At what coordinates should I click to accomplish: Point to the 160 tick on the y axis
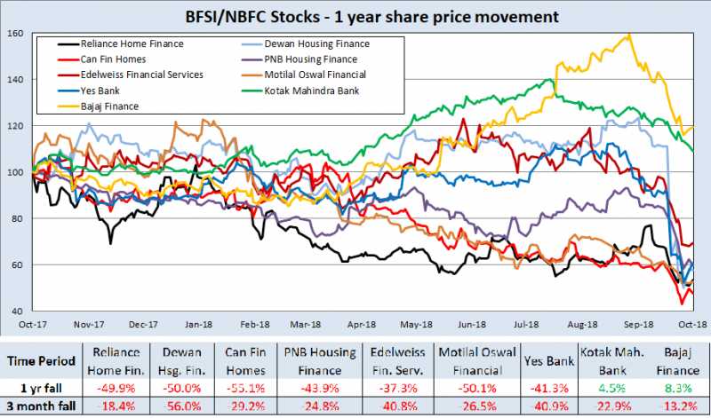[x=15, y=34]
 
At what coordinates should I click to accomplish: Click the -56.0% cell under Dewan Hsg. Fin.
[x=177, y=407]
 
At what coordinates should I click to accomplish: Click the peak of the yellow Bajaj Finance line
[x=629, y=35]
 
